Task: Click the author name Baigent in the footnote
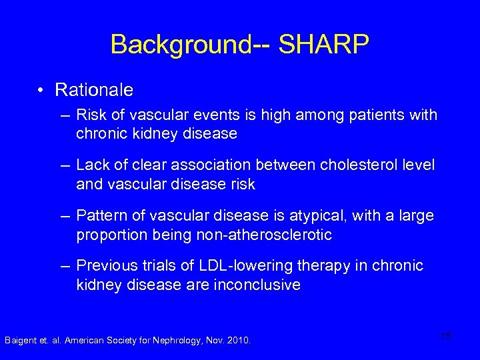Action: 21,341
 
